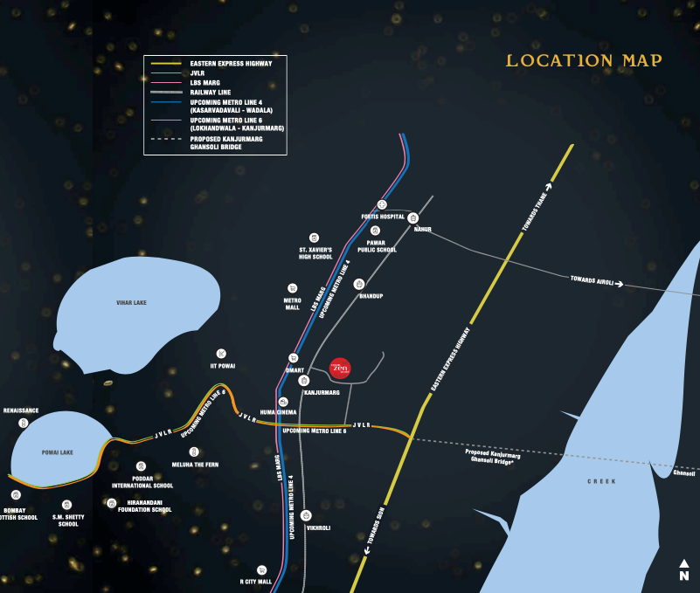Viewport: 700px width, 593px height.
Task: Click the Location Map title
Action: point(584,60)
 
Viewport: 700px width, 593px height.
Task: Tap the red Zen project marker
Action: point(341,369)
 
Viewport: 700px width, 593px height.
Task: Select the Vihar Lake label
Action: point(131,302)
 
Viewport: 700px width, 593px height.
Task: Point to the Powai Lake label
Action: point(57,452)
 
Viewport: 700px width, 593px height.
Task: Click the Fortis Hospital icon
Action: point(382,203)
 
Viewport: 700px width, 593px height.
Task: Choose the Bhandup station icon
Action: point(358,285)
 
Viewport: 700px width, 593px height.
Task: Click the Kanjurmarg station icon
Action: point(304,381)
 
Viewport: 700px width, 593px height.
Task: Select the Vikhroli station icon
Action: point(305,515)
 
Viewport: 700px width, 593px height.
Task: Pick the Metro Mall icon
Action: point(292,287)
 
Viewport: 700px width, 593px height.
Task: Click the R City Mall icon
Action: point(260,569)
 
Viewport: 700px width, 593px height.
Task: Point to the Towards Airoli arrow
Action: point(620,283)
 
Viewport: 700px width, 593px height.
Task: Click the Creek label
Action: point(601,481)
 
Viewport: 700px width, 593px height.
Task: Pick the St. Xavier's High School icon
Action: point(314,237)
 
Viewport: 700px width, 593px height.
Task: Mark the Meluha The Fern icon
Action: point(194,452)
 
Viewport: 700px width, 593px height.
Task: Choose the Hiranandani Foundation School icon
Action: point(112,502)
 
